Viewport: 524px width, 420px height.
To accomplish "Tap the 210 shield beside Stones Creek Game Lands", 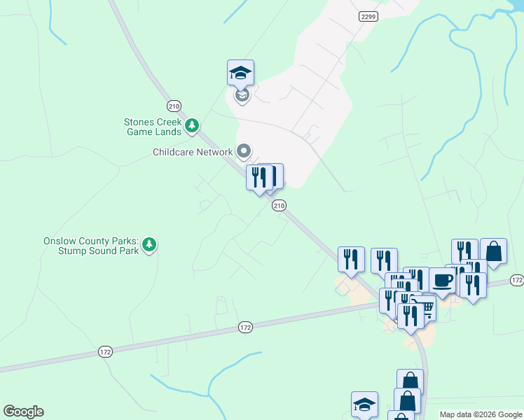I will (x=174, y=106).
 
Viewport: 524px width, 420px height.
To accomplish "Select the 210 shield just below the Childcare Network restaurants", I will (x=279, y=205).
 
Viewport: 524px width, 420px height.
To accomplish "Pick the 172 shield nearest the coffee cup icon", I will (x=516, y=280).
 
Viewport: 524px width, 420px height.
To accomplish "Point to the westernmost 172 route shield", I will (x=104, y=351).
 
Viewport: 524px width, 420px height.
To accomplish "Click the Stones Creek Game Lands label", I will (x=153, y=126).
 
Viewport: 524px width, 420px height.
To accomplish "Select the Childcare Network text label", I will (x=193, y=152).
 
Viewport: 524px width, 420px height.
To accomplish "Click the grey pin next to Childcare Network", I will (x=244, y=150).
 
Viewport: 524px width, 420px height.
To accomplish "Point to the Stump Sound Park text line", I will (x=104, y=251).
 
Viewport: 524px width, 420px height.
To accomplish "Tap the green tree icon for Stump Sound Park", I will (x=149, y=245).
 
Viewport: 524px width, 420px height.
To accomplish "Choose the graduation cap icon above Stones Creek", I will (x=240, y=72).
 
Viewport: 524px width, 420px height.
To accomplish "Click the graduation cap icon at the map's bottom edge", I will (x=364, y=405).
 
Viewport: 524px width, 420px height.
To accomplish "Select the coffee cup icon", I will (x=442, y=280).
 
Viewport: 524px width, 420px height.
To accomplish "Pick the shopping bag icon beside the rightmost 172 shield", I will (x=493, y=251).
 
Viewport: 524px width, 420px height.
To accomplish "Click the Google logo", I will (x=23, y=412).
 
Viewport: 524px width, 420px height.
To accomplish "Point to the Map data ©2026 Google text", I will (x=481, y=414).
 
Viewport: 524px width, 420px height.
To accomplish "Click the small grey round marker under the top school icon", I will (x=242, y=95).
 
